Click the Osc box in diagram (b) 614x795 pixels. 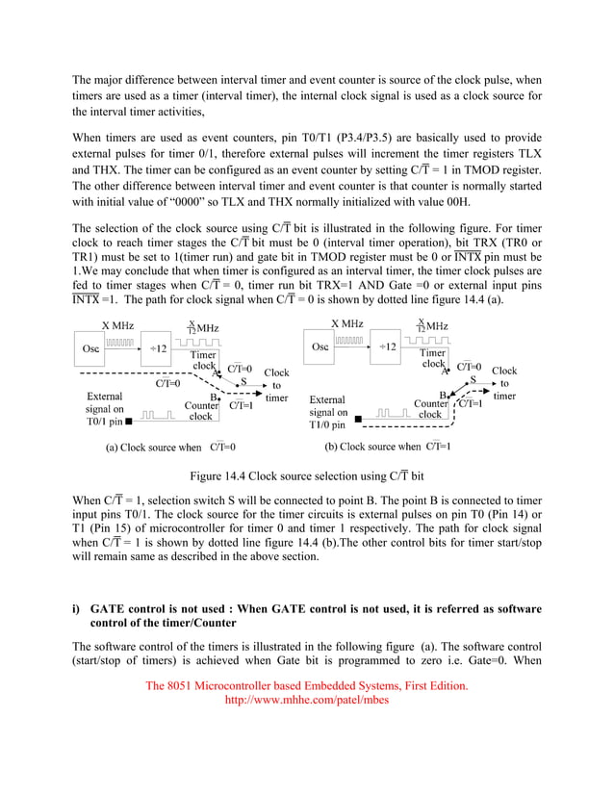320,346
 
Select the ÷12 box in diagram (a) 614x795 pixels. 158,348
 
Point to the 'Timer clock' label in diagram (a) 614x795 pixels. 205,360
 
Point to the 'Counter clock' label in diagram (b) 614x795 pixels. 430,409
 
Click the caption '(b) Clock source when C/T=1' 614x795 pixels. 388,447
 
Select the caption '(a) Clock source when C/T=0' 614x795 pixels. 170,448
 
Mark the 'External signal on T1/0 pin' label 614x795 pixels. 328,412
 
